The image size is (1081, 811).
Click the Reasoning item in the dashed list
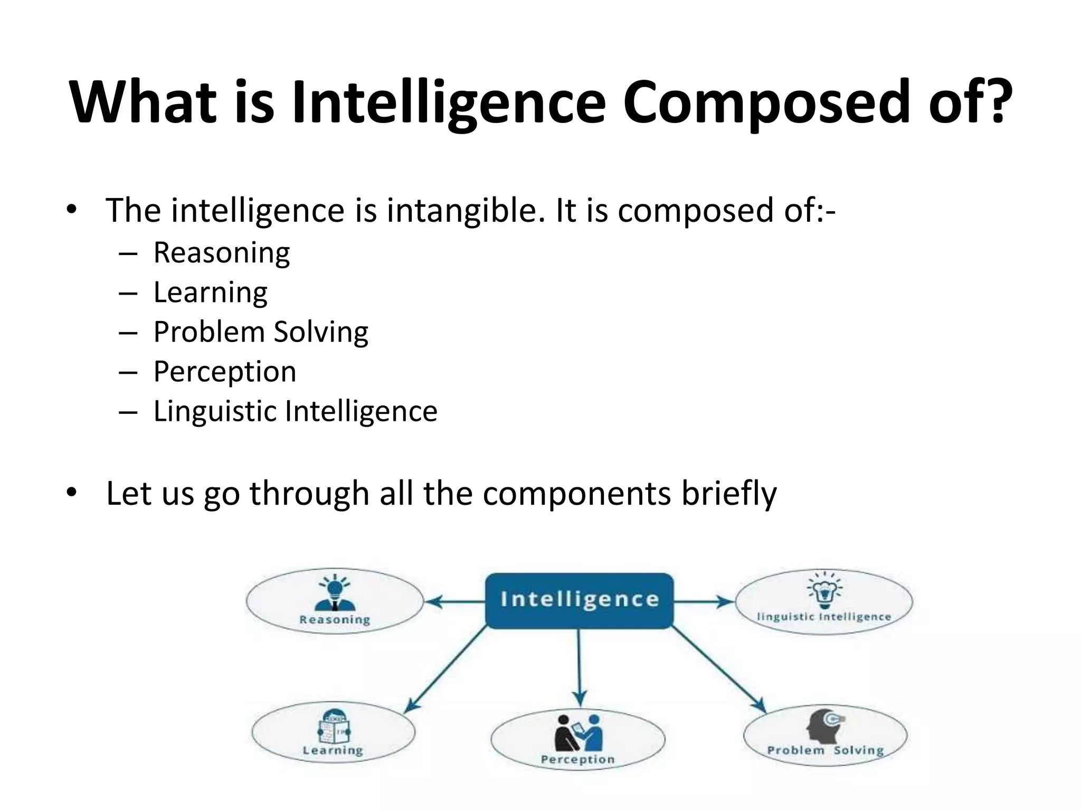tap(221, 253)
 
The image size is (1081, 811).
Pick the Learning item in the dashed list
tap(210, 293)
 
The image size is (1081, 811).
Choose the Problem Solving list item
tap(261, 332)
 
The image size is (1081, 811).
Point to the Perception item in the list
tap(225, 372)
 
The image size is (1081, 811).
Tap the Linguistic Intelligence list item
tap(295, 411)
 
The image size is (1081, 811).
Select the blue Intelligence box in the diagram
tap(579, 600)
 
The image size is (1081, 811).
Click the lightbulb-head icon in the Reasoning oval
tap(335, 593)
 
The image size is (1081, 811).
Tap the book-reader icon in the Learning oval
tap(334, 727)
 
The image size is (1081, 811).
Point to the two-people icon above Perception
tap(578, 732)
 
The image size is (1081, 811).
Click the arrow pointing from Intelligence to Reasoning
tap(455, 601)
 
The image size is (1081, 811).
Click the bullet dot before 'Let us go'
tap(72, 493)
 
